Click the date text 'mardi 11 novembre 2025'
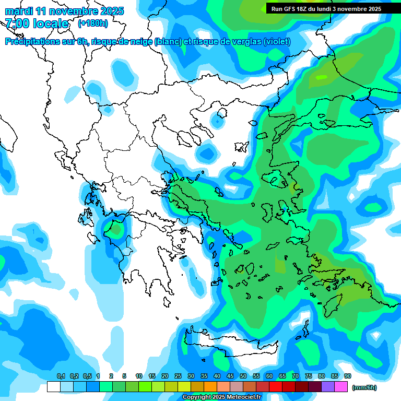click(x=64, y=11)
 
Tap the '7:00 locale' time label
click(x=37, y=23)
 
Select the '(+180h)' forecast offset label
click(x=93, y=23)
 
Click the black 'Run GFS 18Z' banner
click(x=326, y=9)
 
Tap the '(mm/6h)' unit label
click(x=364, y=387)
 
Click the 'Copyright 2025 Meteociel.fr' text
click(x=222, y=397)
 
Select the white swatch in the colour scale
click(x=53, y=387)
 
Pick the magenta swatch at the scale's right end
click(x=341, y=387)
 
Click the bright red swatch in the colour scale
click(x=276, y=387)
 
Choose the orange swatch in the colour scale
click(x=210, y=387)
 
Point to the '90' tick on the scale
click(x=348, y=376)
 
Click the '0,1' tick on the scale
click(x=61, y=376)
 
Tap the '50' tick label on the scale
click(x=243, y=376)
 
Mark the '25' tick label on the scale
click(x=178, y=376)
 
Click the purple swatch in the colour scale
click(x=328, y=387)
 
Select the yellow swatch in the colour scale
click(x=184, y=387)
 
